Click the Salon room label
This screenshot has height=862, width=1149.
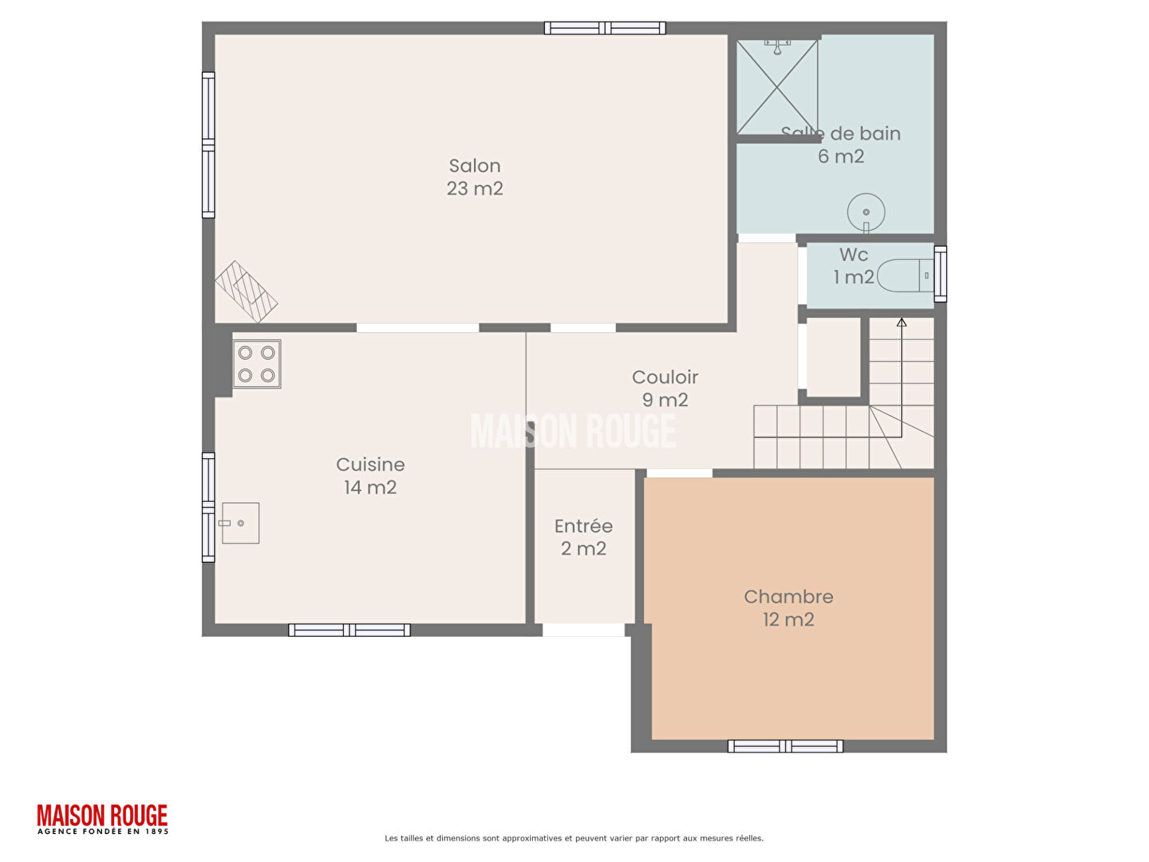(474, 177)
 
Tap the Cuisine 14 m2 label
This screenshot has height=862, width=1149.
(370, 476)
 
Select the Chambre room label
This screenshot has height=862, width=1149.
(788, 607)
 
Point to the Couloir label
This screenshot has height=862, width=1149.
(665, 388)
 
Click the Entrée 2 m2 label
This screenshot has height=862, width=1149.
(583, 537)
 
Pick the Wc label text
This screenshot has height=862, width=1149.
(853, 265)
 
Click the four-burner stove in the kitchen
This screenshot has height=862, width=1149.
(256, 364)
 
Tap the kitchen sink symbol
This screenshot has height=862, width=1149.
(240, 523)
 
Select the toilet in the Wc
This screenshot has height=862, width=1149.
(905, 275)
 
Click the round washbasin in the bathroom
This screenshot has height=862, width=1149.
(866, 212)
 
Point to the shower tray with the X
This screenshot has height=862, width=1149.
(777, 87)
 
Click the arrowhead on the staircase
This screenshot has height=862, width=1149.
(901, 322)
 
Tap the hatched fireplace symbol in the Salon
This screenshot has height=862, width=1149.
(246, 291)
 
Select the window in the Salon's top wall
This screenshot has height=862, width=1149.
(605, 28)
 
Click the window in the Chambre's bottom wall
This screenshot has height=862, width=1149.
(785, 745)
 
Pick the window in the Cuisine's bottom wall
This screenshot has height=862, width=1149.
(349, 631)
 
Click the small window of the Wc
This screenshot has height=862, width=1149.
(940, 274)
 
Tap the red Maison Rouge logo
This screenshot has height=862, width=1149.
(103, 819)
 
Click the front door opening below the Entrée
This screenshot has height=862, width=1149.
(583, 630)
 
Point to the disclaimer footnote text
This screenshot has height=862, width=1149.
(574, 838)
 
